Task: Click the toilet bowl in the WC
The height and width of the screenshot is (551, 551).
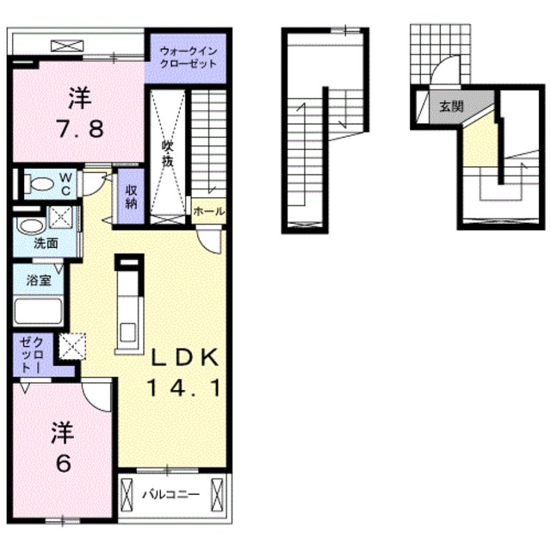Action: coord(37,183)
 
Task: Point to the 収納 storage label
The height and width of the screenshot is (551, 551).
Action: coord(131,197)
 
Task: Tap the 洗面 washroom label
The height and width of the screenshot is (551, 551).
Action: coord(45,244)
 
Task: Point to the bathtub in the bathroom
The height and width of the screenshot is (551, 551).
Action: coord(40,310)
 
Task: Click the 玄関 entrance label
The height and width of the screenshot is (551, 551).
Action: coord(451,107)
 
